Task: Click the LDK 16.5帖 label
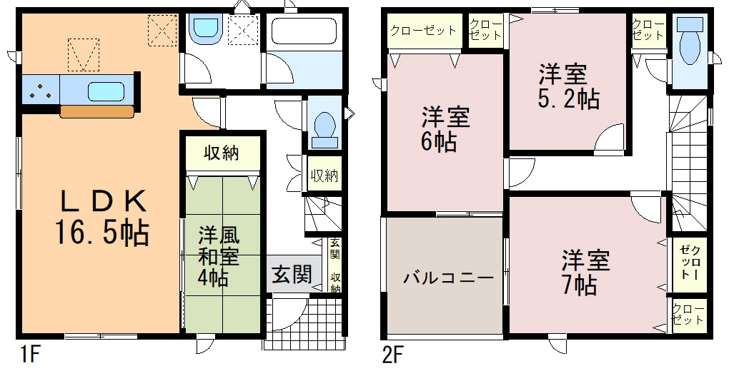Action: [x=101, y=217]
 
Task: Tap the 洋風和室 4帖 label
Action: [x=218, y=256]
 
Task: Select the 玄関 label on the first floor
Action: [x=292, y=274]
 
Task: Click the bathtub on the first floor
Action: [x=304, y=31]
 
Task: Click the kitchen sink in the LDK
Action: [x=106, y=91]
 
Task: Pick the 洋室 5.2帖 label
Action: [x=568, y=86]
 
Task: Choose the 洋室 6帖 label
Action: [x=445, y=130]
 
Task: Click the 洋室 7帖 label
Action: [x=585, y=273]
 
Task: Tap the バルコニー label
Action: [x=447, y=278]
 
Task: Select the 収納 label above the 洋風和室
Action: [x=222, y=152]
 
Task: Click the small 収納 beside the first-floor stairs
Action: [x=324, y=176]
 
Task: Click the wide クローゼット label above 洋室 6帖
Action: [x=423, y=31]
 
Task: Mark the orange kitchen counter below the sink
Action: [x=97, y=111]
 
